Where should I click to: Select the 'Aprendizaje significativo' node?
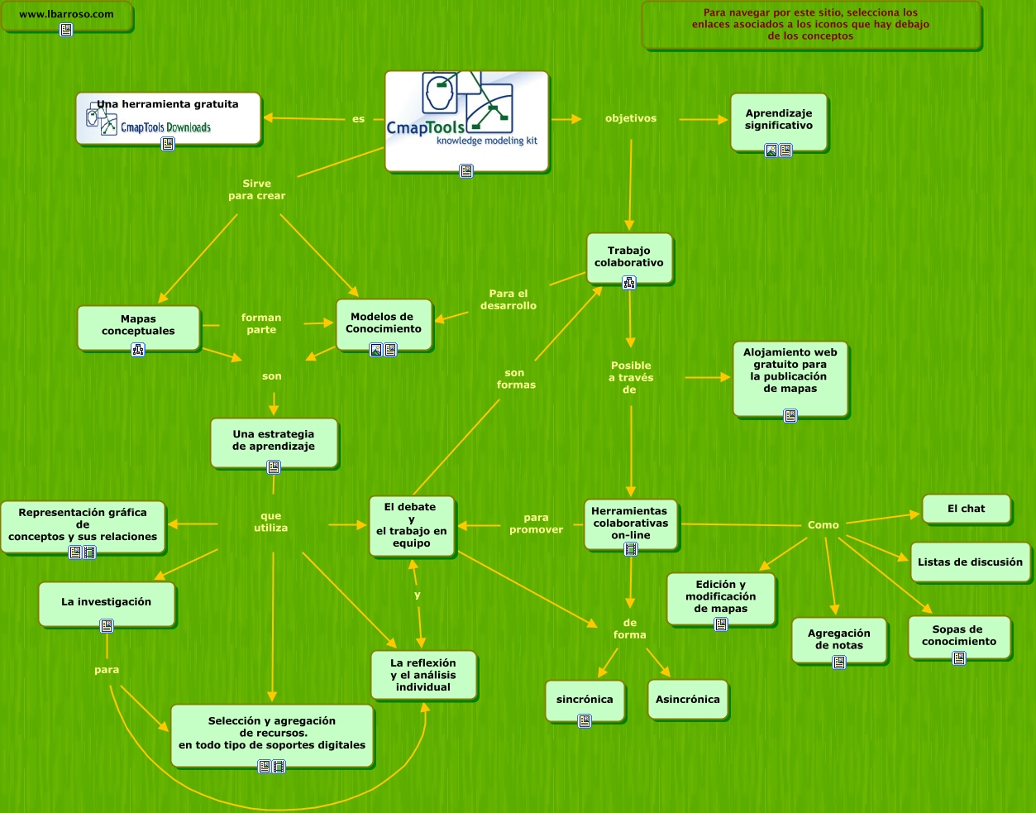(779, 121)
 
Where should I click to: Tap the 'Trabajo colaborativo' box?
(629, 256)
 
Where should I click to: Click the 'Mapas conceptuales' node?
(138, 325)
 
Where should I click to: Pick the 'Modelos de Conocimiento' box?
(384, 323)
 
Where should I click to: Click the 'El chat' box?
(967, 509)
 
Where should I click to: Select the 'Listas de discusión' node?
(970, 562)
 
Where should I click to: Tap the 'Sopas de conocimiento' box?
(959, 635)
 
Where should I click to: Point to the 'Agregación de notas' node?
(839, 639)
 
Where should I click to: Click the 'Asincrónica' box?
(688, 700)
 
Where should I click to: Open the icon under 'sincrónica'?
(585, 721)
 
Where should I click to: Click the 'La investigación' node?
(107, 602)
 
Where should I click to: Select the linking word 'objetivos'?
(631, 118)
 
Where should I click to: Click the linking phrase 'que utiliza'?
(271, 522)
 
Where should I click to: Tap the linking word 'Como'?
(824, 525)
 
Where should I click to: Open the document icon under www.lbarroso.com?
(66, 30)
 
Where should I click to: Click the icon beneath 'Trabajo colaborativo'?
(629, 283)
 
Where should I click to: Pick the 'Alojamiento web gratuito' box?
(790, 371)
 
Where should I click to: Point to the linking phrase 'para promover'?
(537, 524)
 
